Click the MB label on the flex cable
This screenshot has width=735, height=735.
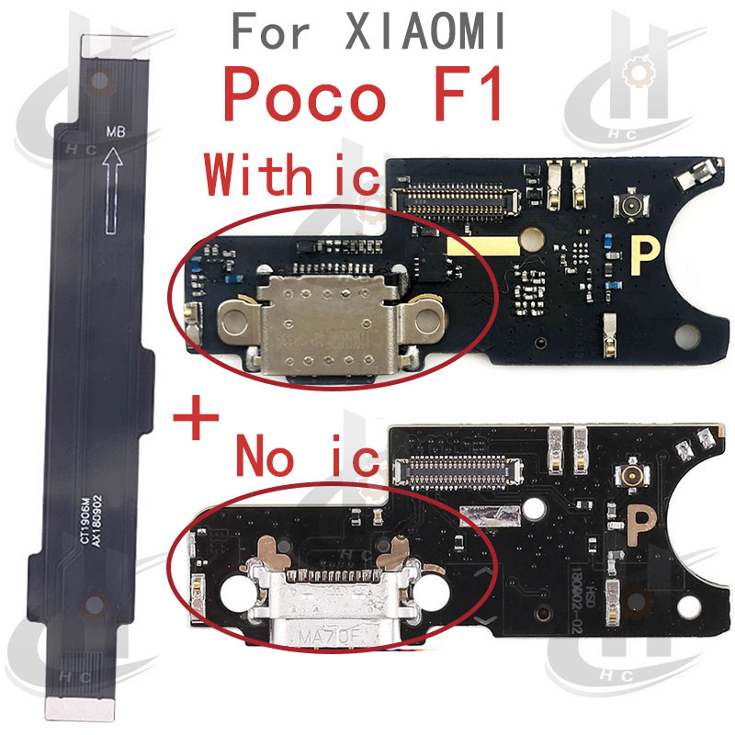115,131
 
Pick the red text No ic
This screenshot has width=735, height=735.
307,455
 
